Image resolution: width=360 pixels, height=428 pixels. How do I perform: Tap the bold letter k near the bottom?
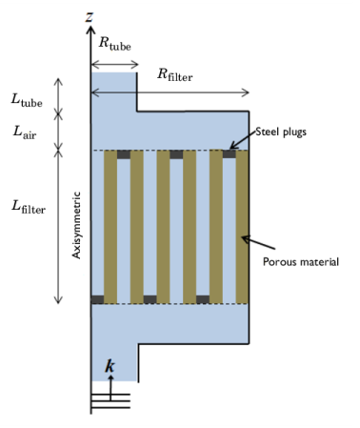(110, 366)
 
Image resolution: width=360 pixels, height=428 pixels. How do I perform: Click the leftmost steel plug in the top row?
(124, 153)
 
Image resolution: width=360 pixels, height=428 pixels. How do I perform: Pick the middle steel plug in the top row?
(176, 153)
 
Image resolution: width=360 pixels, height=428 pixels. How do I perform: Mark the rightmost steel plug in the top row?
(229, 153)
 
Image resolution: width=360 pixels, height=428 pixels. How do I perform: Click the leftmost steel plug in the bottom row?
(97, 299)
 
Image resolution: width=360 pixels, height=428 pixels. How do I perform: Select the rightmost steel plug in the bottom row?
(203, 299)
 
